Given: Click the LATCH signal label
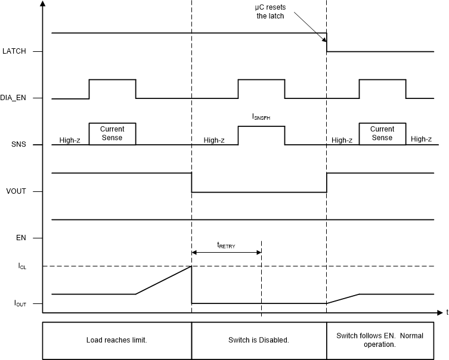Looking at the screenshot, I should click(15, 51).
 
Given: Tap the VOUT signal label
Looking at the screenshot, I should click(17, 191).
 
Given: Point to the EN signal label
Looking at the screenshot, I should click(20, 238).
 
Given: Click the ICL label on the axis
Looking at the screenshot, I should click(21, 266).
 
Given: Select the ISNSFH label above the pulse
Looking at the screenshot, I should click(261, 118).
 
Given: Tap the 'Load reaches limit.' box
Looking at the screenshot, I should click(117, 340).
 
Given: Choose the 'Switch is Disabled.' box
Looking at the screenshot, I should click(259, 340).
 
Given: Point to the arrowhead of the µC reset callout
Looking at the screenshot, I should click(326, 41).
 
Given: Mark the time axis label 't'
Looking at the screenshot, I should click(446, 312).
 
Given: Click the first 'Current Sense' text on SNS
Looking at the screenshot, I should click(112, 133).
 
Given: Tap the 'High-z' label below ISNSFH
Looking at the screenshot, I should click(213, 141).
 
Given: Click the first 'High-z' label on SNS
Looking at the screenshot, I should click(70, 141).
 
